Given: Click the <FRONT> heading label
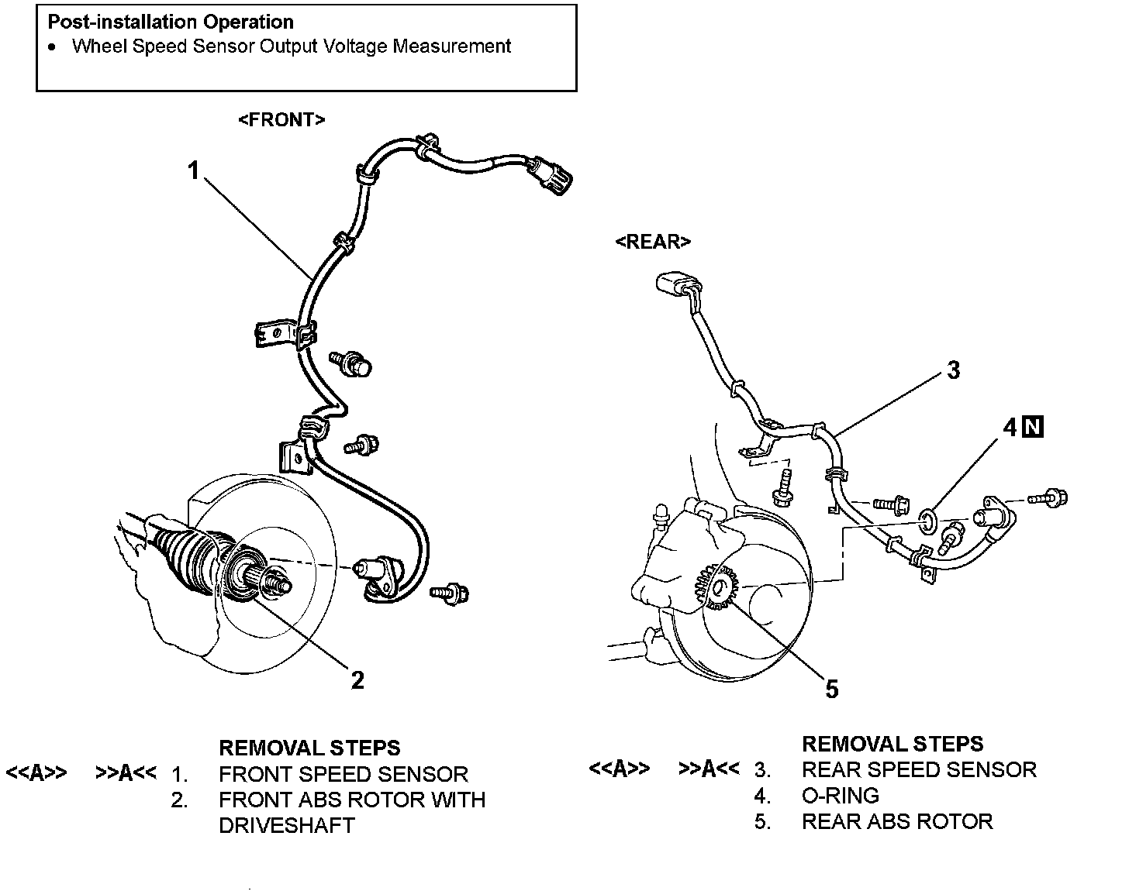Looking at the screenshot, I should coord(281,120).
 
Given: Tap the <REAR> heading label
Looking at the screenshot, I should coord(652,242).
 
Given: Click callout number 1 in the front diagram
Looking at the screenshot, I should coord(194,170).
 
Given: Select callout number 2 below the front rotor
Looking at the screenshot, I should coord(357,679).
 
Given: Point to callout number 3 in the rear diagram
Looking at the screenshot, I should coord(953,370).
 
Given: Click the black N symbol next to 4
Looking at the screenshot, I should coord(1033,426).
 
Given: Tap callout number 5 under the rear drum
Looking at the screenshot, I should coord(831,689).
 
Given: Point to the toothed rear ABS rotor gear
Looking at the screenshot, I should coord(718,587).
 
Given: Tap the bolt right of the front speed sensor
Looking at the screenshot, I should coord(451,593).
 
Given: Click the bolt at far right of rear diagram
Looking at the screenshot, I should coord(1051,497).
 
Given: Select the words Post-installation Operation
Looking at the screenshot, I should coord(171,22).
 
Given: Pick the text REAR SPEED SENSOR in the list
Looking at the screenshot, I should coord(919,769).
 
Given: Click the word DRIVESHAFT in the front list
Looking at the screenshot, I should coord(286,825).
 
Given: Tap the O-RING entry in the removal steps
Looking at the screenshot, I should coord(841,796).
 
